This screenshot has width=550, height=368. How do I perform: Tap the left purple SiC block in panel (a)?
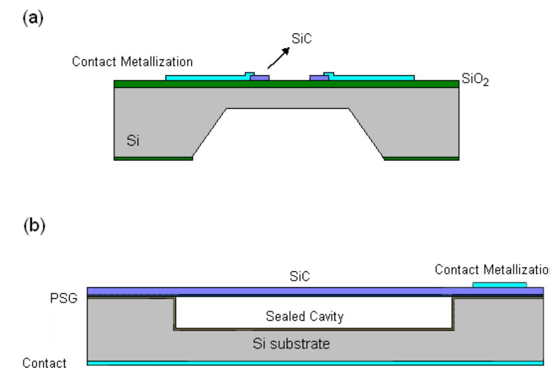[x=259, y=78]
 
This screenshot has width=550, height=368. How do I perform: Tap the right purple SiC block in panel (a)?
[x=319, y=78]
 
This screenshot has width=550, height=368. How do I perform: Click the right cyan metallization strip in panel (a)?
[x=373, y=77]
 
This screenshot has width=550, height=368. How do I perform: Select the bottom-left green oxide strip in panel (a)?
[x=153, y=158]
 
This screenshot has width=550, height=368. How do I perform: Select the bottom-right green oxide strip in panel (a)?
[x=421, y=158]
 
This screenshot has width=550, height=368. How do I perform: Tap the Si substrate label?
[x=299, y=344]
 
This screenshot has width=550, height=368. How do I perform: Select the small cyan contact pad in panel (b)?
[x=500, y=285]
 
